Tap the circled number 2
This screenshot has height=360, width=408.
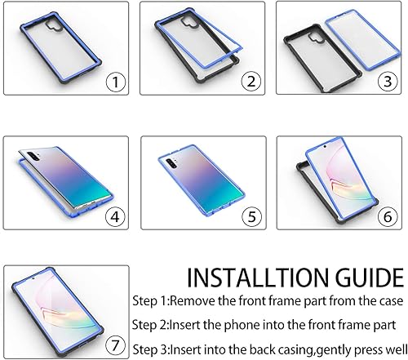[251, 81]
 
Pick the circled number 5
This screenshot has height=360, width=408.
[251, 218]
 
